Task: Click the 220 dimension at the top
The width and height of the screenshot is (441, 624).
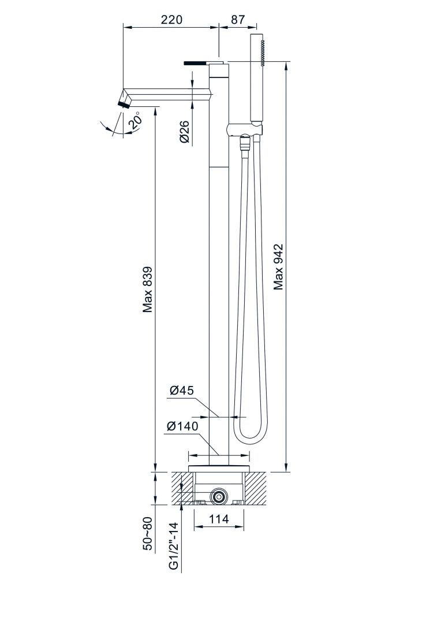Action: coord(171,20)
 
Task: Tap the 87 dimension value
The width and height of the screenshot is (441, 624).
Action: coord(237,20)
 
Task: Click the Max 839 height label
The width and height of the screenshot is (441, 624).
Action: coord(148,289)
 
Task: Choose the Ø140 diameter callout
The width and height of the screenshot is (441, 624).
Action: coord(182,426)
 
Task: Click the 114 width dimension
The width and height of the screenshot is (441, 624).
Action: coord(218,519)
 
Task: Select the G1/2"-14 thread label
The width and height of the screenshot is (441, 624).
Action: coord(174,547)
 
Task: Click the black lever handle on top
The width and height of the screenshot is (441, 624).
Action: coord(195,62)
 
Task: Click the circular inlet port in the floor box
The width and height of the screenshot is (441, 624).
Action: coord(218,495)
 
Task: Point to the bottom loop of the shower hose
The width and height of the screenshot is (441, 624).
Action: coord(247,437)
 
